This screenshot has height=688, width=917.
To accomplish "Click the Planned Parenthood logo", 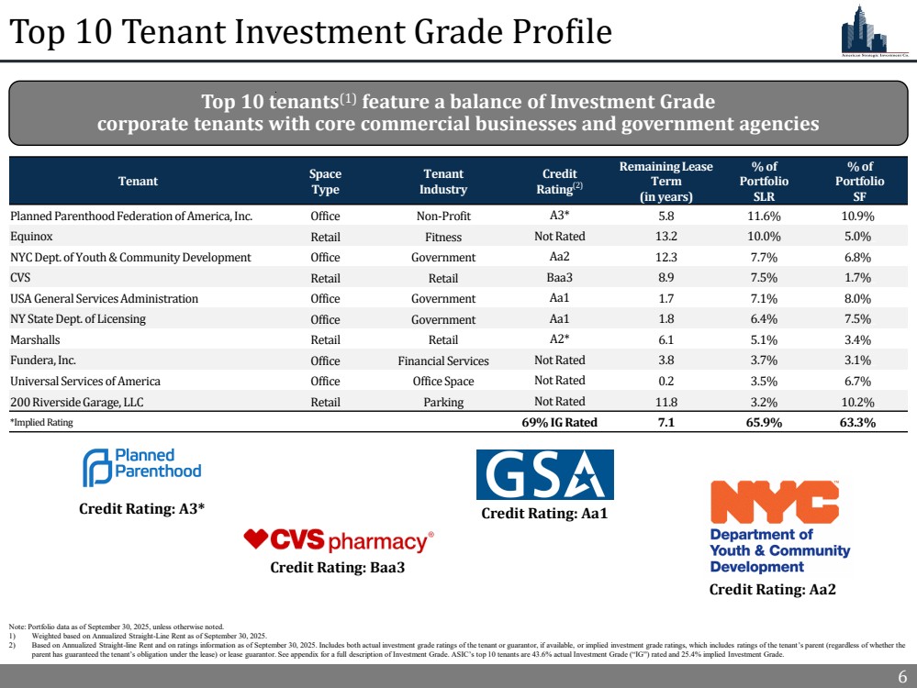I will click(x=141, y=468).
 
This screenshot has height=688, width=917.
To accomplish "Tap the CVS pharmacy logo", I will click(x=338, y=540).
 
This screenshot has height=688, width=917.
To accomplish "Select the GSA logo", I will click(x=544, y=474).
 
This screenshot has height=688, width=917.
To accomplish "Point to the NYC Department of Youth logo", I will click(x=779, y=527).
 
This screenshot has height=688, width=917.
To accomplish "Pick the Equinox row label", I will click(x=30, y=237).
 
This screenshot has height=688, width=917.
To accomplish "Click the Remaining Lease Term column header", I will click(x=666, y=181).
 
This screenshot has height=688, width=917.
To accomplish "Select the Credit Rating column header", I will click(x=560, y=181).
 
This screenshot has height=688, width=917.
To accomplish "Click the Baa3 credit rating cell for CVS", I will click(x=560, y=277).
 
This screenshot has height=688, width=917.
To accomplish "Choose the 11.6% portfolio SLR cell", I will click(x=765, y=216).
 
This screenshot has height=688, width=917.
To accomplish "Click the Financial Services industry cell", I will click(x=443, y=361).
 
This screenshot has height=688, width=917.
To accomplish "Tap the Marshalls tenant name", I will click(x=36, y=339).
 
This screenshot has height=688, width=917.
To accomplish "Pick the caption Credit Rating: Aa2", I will click(x=773, y=590).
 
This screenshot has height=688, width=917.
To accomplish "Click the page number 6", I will click(x=901, y=677).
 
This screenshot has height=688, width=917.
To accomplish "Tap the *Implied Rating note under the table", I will click(x=41, y=423).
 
